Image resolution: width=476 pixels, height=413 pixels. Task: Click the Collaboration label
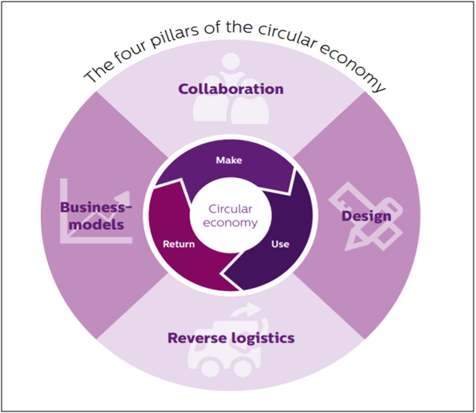tap(231, 89)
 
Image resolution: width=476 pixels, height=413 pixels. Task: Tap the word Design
tap(366, 217)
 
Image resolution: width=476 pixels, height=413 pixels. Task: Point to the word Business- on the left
tap(96, 208)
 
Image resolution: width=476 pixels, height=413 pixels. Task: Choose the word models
tap(96, 225)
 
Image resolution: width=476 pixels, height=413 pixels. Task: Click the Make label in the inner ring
tap(229, 160)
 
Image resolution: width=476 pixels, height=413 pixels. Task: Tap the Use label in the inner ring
tap(280, 244)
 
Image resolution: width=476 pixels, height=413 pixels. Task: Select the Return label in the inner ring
tap(179, 244)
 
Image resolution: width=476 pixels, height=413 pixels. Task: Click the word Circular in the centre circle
tap(231, 209)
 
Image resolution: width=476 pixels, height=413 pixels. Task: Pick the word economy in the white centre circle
tap(231, 223)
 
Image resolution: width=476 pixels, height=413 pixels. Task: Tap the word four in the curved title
tap(130, 55)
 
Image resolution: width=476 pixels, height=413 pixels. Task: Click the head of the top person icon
tap(231, 63)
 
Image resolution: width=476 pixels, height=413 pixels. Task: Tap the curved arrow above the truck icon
tap(249, 311)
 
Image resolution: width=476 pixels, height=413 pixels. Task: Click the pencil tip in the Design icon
tap(349, 246)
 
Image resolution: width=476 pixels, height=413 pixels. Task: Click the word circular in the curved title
tap(287, 36)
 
